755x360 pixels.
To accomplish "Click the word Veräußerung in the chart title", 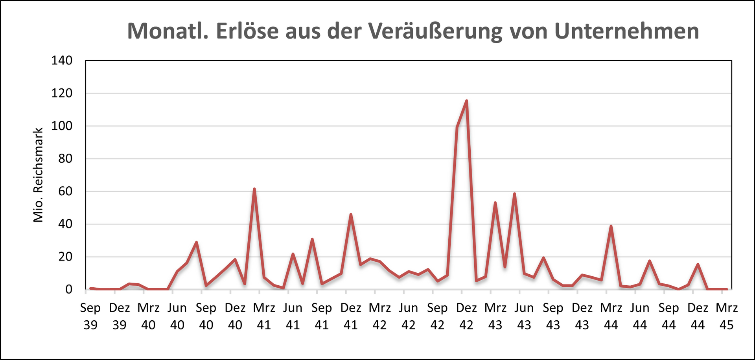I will pyautogui.click(x=435, y=31).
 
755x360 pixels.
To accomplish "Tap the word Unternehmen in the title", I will pyautogui.click(x=626, y=31).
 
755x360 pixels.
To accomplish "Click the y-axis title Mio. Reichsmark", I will pyautogui.click(x=38, y=175).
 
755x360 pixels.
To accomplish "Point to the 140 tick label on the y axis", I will pyautogui.click(x=62, y=61).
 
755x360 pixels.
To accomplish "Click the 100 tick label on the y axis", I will pyautogui.click(x=62, y=126).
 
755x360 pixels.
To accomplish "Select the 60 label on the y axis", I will pyautogui.click(x=65, y=191).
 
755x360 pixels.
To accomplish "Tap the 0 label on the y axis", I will pyautogui.click(x=69, y=289).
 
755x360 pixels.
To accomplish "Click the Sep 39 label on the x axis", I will pyautogui.click(x=90, y=316).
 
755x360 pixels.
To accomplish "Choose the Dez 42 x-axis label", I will pyautogui.click(x=466, y=316).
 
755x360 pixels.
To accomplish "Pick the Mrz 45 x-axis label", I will pyautogui.click(x=727, y=316).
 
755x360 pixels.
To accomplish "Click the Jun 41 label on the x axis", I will pyautogui.click(x=293, y=316).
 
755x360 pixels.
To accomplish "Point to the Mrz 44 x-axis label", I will pyautogui.click(x=611, y=316).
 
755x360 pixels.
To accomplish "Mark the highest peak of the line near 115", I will pyautogui.click(x=466, y=101).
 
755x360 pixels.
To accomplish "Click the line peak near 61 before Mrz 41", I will pyautogui.click(x=254, y=189).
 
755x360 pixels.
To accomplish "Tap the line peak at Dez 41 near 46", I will pyautogui.click(x=351, y=215).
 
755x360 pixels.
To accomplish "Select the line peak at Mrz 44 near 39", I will pyautogui.click(x=611, y=226).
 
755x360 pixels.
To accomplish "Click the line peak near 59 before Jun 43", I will pyautogui.click(x=514, y=194).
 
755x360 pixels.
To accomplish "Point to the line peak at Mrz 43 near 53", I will pyautogui.click(x=495, y=203).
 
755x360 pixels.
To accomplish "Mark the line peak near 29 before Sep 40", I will pyautogui.click(x=196, y=242).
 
